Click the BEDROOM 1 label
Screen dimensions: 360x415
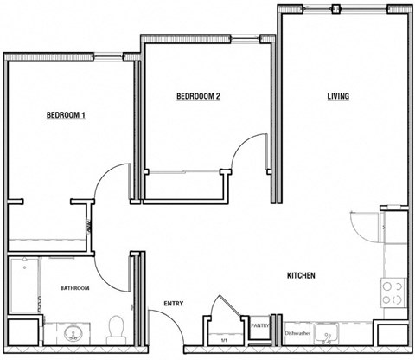(66, 115)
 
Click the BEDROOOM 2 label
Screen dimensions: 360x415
(198, 97)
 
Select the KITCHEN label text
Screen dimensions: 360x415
(300, 276)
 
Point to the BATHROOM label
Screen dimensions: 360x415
(74, 287)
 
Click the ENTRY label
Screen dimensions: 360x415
(174, 304)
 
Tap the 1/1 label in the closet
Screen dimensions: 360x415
(224, 340)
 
